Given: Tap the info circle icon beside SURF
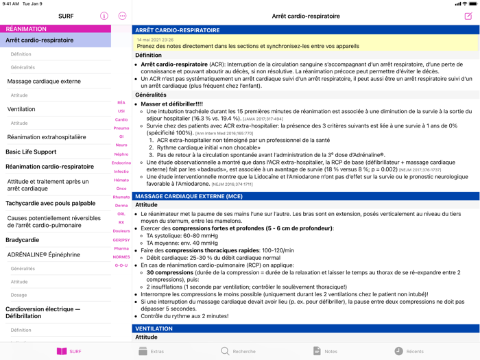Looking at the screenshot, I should pos(104,16).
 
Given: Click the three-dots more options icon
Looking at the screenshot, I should pos(122,16).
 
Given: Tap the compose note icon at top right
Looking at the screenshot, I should pos(468,16).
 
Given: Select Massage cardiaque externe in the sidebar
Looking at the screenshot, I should pos(44,82).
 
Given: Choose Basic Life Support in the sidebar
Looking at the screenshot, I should pos(31,152).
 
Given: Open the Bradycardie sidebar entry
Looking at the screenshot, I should pos(23,240).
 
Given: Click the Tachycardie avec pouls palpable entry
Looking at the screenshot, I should pos(50,203).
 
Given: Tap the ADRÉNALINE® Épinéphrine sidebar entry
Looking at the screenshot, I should pos(44,254).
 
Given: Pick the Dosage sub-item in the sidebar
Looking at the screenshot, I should pos(19,295).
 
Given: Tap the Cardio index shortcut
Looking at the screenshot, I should pos(121,119).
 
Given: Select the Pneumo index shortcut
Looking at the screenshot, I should pos(121,128).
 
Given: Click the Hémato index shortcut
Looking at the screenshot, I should pos(121,180).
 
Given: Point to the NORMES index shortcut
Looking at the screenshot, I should pos(121,257).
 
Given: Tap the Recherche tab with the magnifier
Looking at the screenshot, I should pos(237,351).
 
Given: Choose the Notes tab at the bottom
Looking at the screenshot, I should pos(324,351).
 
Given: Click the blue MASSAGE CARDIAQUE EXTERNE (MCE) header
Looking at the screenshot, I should pos(189,196).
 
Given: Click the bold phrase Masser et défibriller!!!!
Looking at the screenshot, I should pos(171,104).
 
